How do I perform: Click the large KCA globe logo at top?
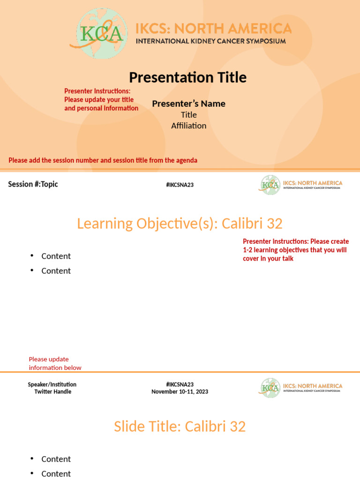click(101, 34)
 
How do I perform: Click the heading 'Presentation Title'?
click(187, 77)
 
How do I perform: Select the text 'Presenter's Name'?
click(188, 104)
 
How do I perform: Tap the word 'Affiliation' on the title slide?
click(188, 126)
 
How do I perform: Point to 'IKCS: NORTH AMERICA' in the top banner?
click(213, 29)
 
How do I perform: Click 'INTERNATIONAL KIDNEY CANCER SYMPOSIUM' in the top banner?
click(210, 41)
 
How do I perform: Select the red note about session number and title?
click(103, 160)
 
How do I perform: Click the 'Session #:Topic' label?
click(33, 184)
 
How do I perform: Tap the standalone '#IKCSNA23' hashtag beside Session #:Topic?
click(180, 185)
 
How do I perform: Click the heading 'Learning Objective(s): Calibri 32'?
click(180, 224)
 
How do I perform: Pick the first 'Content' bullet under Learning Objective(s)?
click(56, 256)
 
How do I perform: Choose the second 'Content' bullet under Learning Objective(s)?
click(56, 271)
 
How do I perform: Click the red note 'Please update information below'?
click(55, 363)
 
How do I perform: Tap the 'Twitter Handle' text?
click(52, 391)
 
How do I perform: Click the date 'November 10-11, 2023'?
click(180, 391)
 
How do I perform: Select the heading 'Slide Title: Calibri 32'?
click(180, 427)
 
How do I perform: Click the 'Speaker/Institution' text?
click(52, 384)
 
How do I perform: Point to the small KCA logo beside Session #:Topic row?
click(270, 185)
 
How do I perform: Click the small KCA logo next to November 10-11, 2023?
click(270, 388)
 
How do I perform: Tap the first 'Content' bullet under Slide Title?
click(56, 459)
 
